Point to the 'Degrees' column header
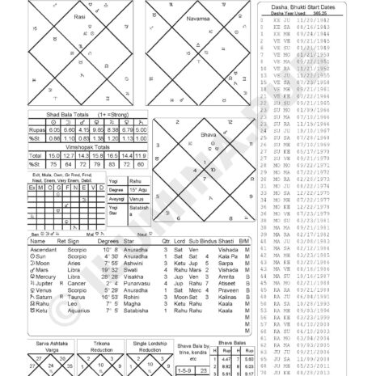[108, 241]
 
